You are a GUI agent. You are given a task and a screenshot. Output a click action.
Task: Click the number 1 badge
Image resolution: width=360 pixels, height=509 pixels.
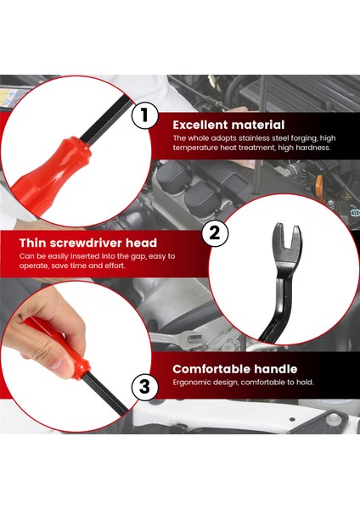coord(144,115)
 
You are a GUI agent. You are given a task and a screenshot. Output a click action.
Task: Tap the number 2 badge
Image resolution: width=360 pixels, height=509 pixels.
coord(215,233)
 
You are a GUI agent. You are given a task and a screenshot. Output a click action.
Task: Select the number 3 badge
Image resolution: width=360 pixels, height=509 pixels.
coord(144,387)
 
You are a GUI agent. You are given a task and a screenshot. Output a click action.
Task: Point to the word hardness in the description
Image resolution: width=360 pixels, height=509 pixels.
coord(313,148)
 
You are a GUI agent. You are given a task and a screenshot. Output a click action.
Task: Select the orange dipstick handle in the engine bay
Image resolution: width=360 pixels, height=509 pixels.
coord(319,184)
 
